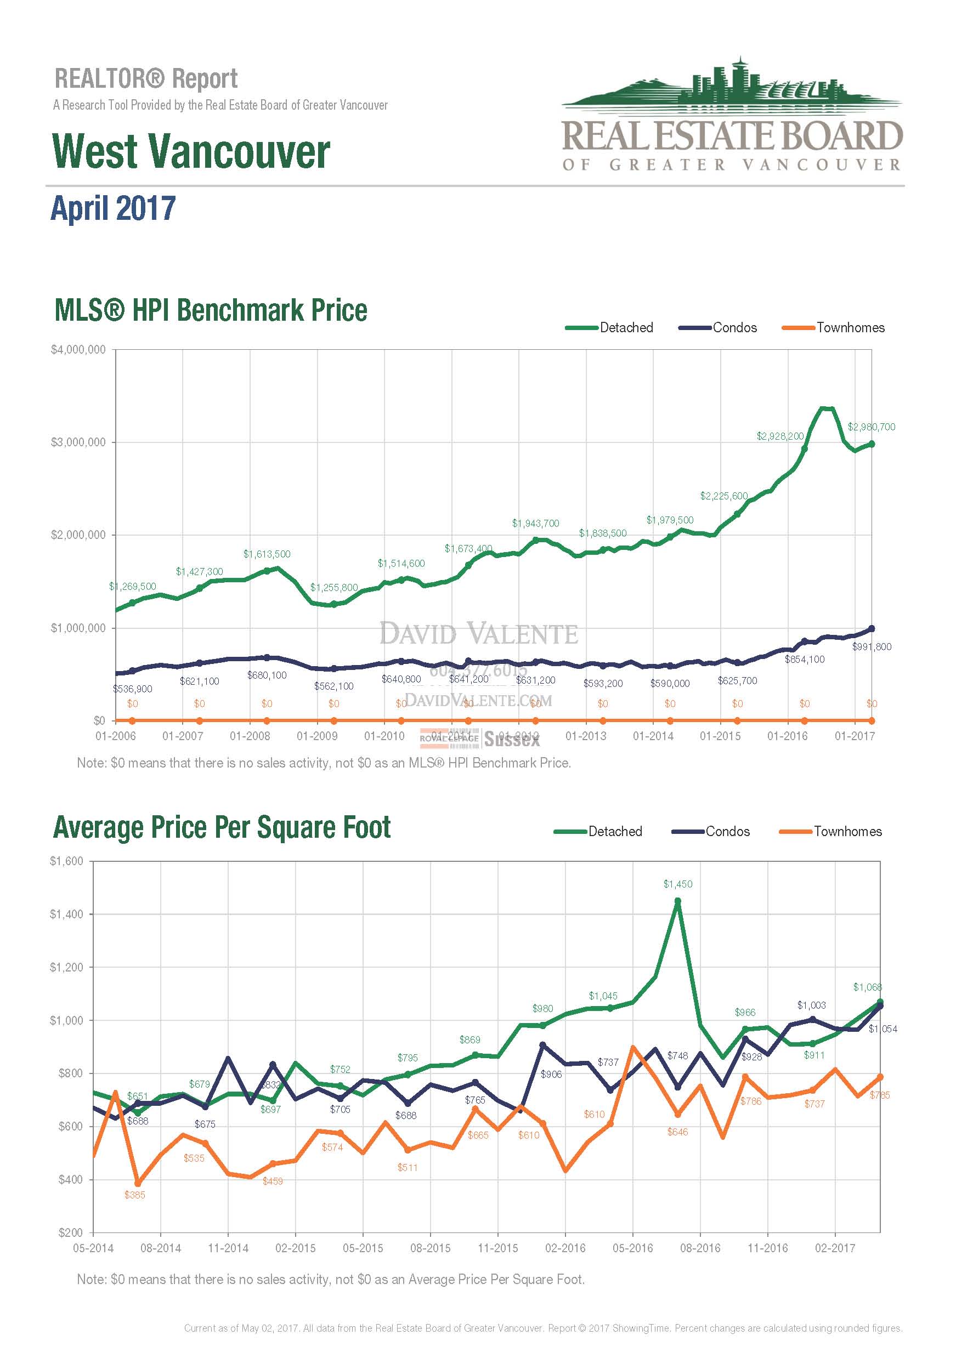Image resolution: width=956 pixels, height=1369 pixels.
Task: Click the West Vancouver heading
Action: [x=191, y=151]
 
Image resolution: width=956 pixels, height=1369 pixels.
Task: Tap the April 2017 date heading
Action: [x=114, y=208]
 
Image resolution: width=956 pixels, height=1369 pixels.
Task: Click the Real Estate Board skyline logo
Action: [x=732, y=113]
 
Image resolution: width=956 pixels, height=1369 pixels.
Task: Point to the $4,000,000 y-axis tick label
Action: [x=78, y=349]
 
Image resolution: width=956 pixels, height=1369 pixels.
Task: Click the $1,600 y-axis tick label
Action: [x=66, y=861]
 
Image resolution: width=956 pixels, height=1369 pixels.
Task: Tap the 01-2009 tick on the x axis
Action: [x=316, y=736]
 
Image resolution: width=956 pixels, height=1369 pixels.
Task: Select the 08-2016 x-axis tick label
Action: [x=700, y=1248]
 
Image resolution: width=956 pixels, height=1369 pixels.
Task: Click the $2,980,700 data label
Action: [x=871, y=427]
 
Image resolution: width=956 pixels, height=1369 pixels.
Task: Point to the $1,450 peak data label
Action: [x=677, y=884]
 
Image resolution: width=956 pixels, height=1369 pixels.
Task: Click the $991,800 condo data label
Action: [x=872, y=646]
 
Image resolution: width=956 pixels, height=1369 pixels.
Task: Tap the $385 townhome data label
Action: [x=135, y=1195]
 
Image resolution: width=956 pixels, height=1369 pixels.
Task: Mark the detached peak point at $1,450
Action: [x=677, y=901]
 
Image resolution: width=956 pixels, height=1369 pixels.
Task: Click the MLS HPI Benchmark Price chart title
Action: [x=211, y=311]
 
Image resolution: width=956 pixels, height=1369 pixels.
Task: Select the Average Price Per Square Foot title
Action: [x=222, y=828]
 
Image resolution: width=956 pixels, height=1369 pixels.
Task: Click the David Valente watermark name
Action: [x=478, y=634]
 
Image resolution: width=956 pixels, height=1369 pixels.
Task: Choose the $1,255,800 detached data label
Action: [x=333, y=587]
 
